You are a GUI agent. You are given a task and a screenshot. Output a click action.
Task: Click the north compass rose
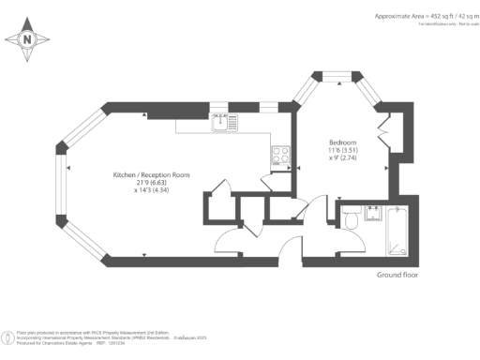(x=27, y=38)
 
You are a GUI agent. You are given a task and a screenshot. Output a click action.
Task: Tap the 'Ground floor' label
(x=397, y=275)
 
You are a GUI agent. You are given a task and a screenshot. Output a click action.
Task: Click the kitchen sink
(x=225, y=120)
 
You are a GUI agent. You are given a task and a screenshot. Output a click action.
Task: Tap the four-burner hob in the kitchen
(x=279, y=156)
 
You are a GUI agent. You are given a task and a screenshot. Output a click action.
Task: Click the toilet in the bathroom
(x=352, y=221)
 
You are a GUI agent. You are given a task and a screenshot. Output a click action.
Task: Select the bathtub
(x=397, y=231)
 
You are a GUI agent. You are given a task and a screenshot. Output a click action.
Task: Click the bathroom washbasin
(x=370, y=210)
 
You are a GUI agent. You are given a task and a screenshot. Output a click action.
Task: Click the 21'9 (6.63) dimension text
(x=151, y=183)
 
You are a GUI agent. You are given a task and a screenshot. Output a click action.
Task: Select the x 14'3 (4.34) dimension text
(x=151, y=191)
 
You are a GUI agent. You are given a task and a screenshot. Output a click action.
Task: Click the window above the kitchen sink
(x=220, y=106)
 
